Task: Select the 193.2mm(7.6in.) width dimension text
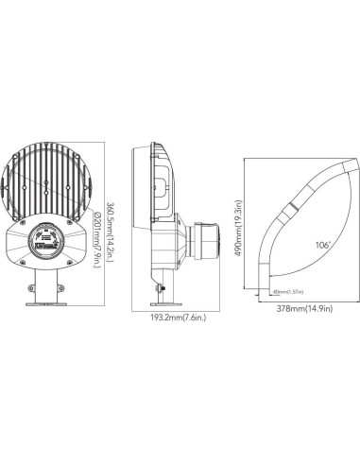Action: [x=182, y=318]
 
